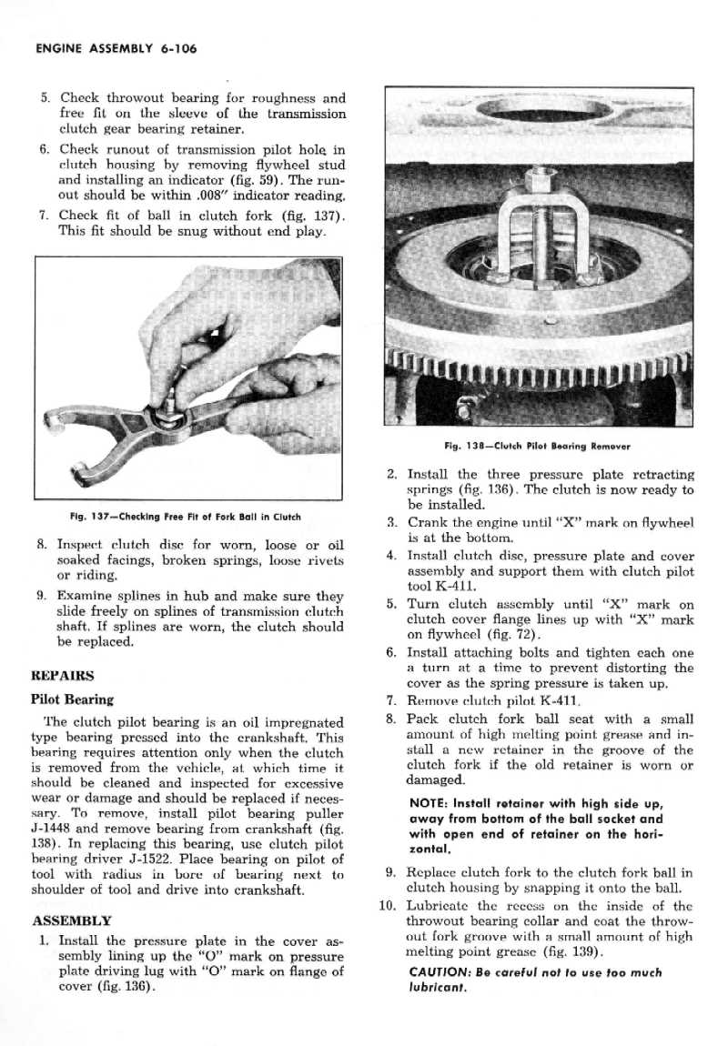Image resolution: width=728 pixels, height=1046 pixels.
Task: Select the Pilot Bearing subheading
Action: tap(73, 699)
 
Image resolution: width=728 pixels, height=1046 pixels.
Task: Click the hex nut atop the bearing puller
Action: tap(539, 176)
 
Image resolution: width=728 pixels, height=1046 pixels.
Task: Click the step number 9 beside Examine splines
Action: tap(42, 596)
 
